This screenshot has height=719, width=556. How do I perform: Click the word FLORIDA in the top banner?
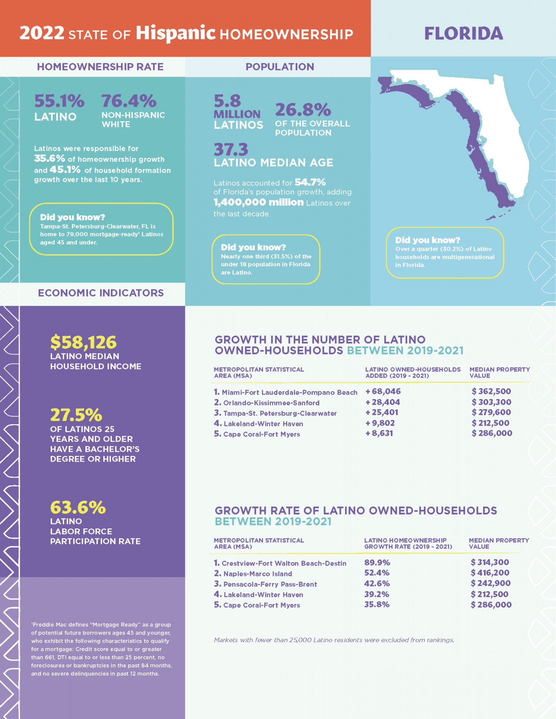pos(464,33)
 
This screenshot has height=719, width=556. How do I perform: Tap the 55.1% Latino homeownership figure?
pos(59,101)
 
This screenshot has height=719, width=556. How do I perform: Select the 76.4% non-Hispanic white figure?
pos(129,101)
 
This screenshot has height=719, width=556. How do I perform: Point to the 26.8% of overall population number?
pos(303,110)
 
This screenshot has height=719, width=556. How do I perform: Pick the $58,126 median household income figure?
pos(83,342)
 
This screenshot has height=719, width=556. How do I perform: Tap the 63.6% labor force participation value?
pos(78,507)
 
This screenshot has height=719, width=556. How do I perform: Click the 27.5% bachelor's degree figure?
pos(76,415)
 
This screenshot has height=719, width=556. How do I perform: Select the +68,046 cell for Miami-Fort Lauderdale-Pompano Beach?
pos(383,391)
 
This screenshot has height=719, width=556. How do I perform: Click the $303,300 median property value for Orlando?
pos(492,402)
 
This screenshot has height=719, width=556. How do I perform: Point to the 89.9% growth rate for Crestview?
pos(377,563)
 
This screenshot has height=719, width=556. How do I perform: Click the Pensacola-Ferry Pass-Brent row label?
pos(270,584)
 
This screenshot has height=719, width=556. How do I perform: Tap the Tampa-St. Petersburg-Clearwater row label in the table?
pos(280,413)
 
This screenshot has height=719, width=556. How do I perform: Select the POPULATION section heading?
pos(280,67)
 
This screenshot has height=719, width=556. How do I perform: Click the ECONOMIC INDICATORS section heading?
pos(101,293)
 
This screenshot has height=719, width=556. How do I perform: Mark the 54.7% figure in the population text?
pos(310,182)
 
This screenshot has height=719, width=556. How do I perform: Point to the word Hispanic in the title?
pos(175,33)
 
